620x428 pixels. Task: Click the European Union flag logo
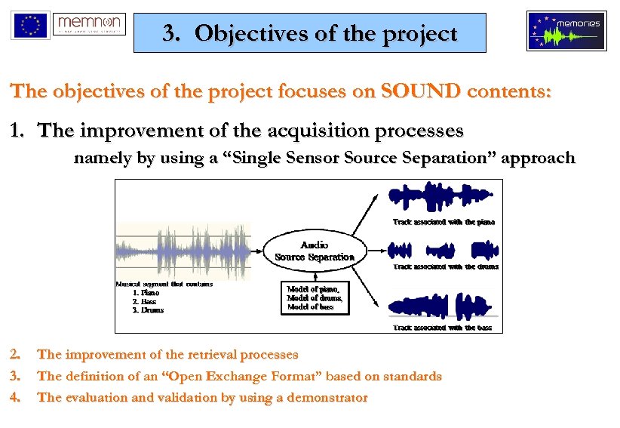30,25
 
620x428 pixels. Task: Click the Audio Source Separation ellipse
314,251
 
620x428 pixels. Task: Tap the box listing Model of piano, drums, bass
314,298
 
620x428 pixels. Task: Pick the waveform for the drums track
442,250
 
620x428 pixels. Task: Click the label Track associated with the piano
444,222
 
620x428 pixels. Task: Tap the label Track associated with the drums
445,266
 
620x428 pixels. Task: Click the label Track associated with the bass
442,328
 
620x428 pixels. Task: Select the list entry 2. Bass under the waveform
144,301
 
